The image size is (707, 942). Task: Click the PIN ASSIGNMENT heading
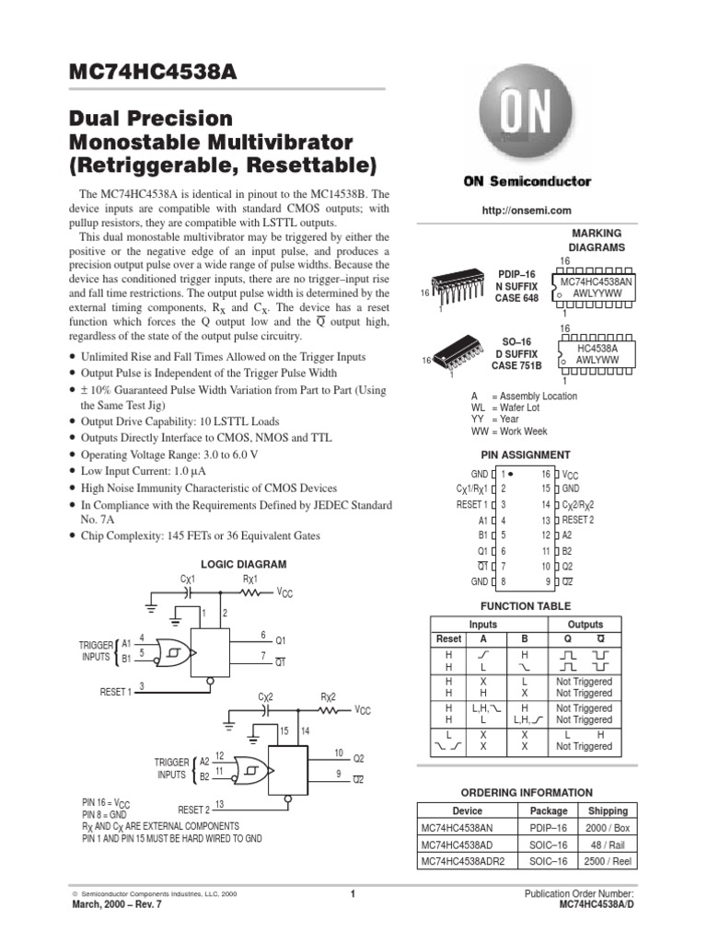[526, 454]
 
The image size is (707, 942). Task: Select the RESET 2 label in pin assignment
[578, 520]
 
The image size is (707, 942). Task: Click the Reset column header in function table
[448, 638]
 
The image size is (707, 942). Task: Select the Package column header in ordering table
[549, 810]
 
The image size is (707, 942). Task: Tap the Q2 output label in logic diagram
[359, 758]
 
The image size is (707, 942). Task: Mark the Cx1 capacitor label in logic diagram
[189, 579]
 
